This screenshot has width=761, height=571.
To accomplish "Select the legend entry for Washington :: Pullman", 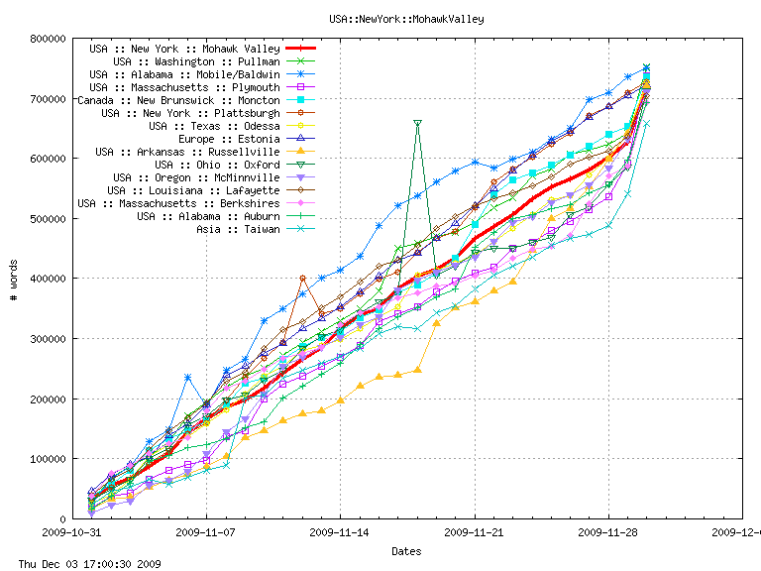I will coord(188,61).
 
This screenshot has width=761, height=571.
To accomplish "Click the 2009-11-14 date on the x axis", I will coord(340,532).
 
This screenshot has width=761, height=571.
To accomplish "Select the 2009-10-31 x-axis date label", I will coord(71,532).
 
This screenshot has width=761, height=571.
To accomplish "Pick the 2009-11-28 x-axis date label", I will coord(608,532).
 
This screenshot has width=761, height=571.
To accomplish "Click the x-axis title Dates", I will coord(406,551).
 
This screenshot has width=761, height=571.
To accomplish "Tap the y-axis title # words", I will coord(13,279).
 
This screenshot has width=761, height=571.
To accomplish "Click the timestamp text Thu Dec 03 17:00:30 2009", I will coord(81,563).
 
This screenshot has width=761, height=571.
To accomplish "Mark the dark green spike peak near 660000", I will coord(417,123).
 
